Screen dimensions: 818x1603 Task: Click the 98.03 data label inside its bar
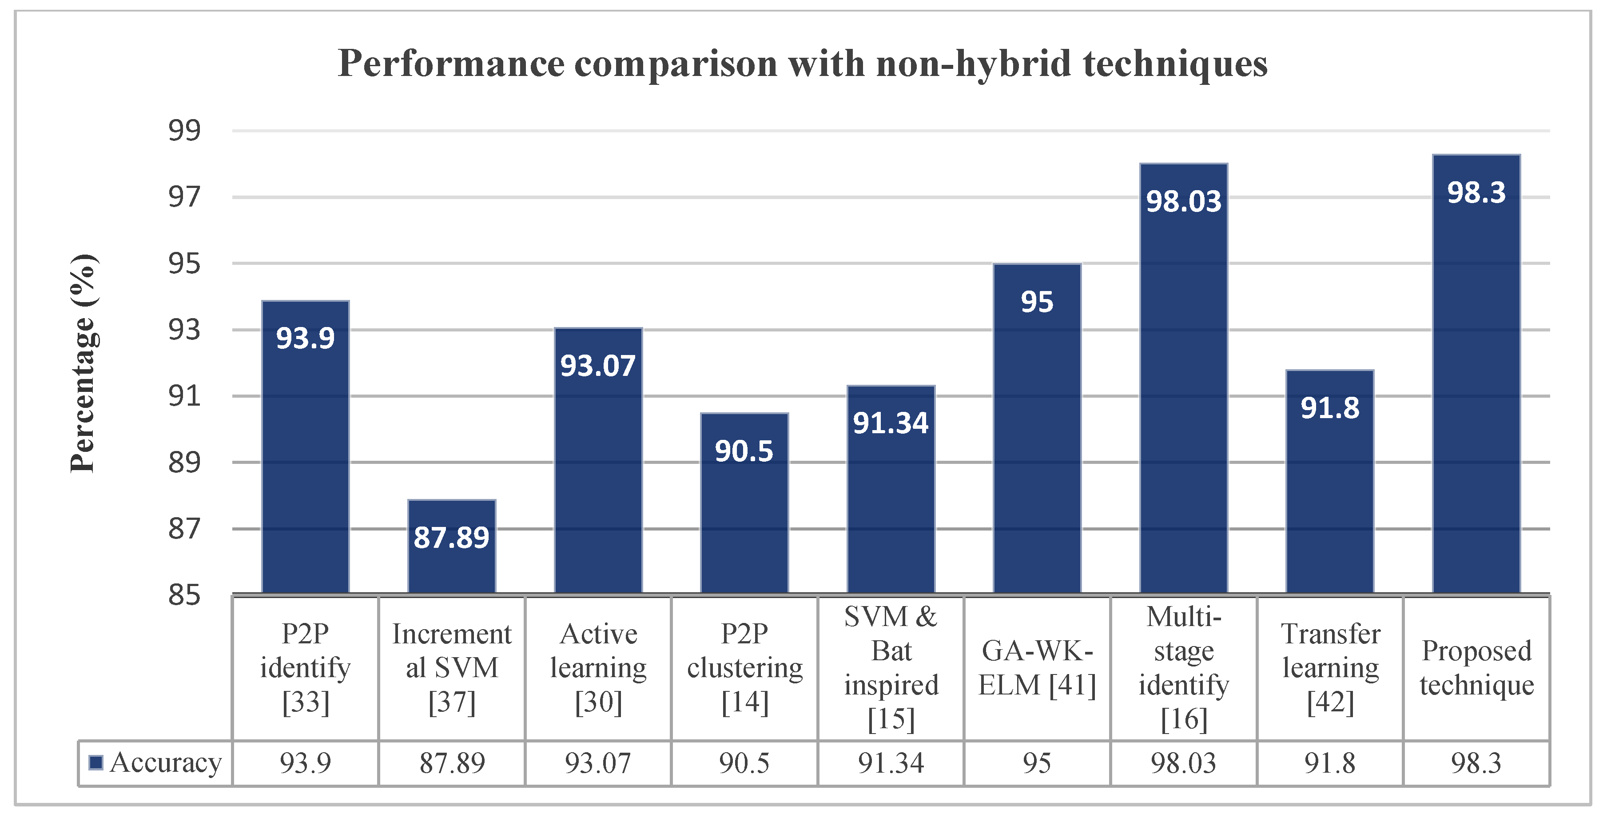tap(1184, 202)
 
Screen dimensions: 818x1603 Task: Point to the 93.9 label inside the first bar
tap(305, 338)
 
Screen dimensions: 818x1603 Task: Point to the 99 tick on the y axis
tap(184, 131)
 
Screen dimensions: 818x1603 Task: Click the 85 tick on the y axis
tap(184, 595)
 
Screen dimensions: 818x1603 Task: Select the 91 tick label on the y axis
tap(184, 396)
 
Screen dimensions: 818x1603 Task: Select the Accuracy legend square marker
tap(96, 762)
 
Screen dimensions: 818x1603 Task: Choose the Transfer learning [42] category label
tap(1330, 668)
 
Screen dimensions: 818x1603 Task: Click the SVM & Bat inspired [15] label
tap(891, 668)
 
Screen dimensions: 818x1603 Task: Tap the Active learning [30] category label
tap(598, 668)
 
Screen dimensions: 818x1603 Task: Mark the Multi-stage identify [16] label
tap(1184, 668)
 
